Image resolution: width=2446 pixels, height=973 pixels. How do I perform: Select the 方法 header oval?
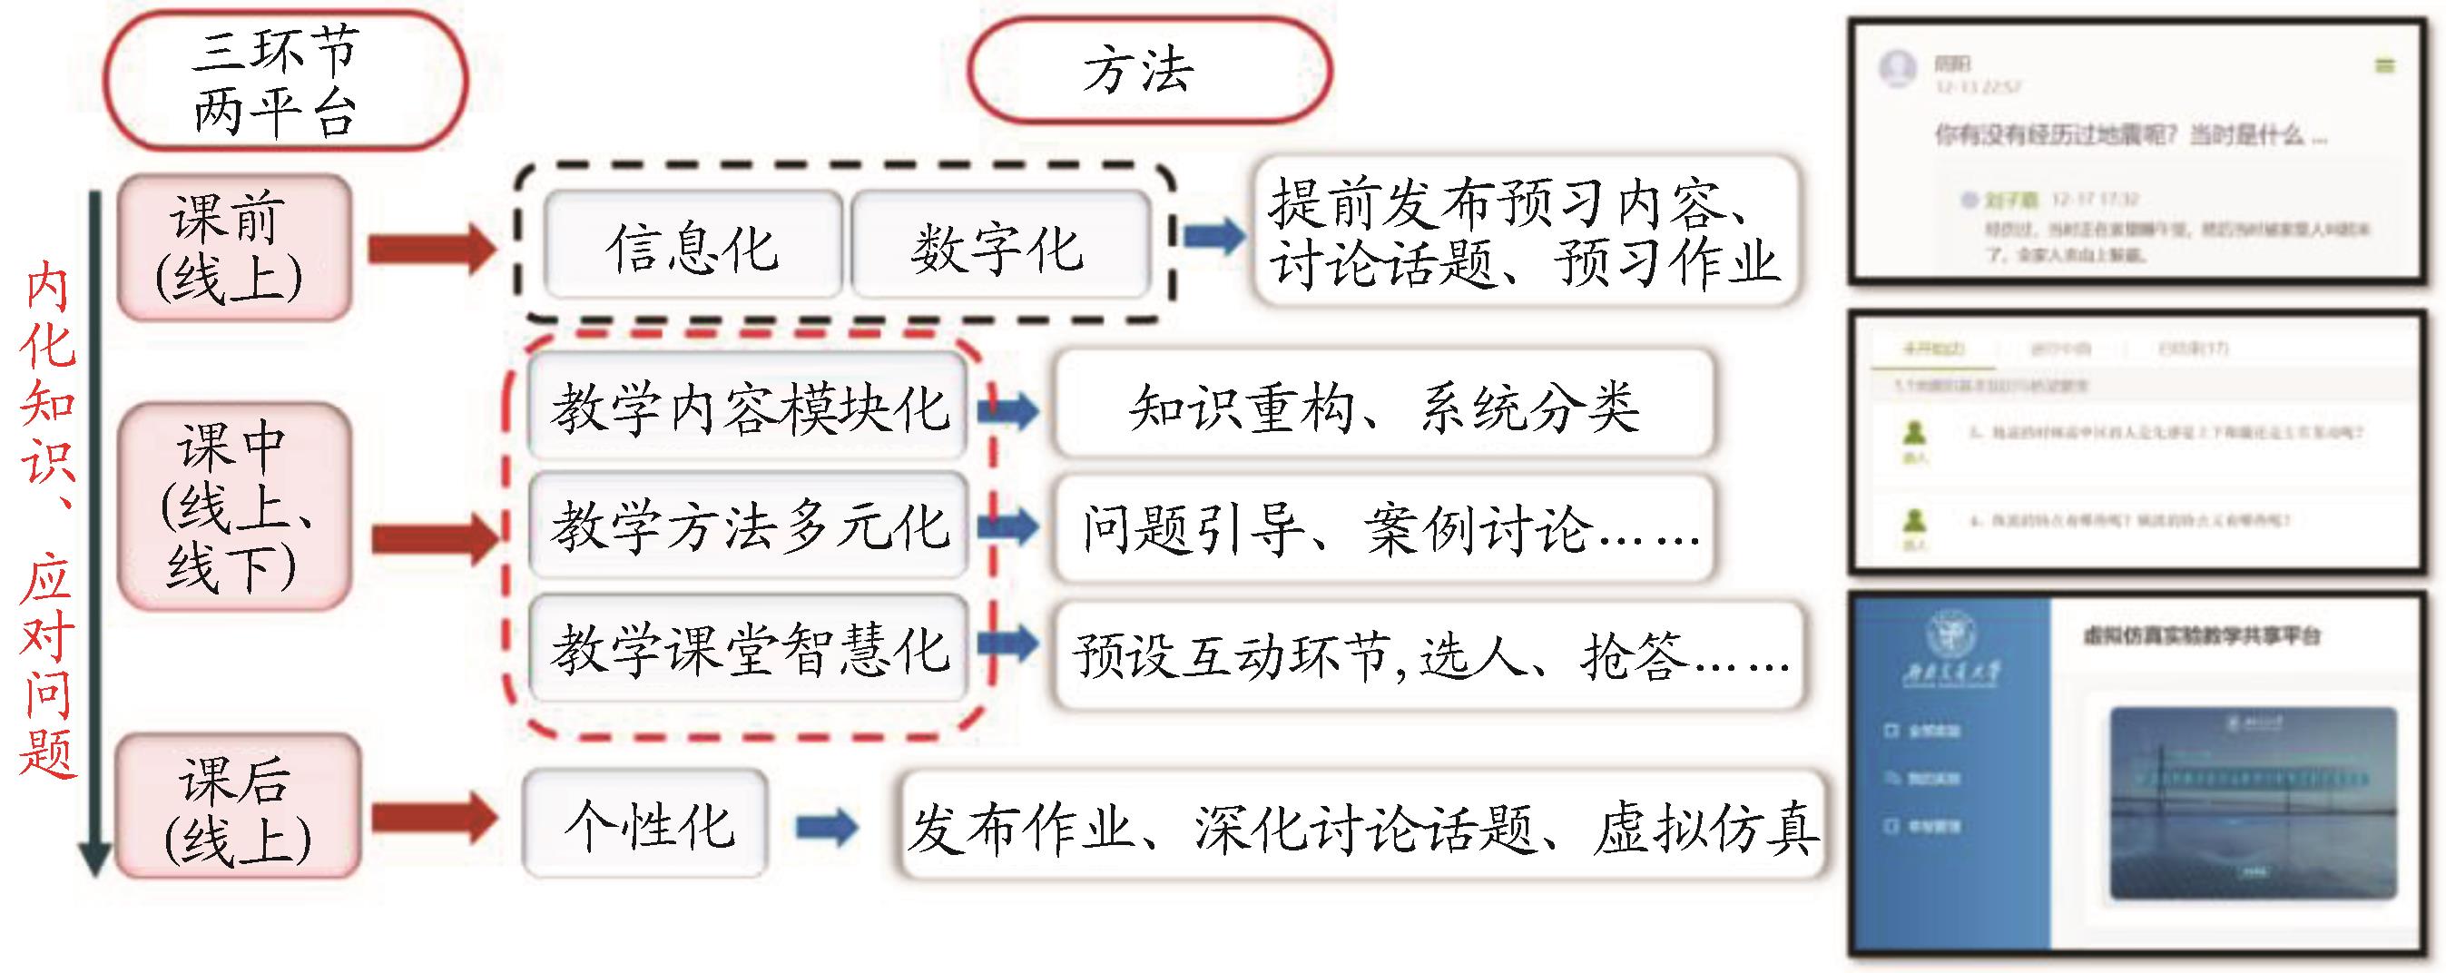click(1149, 72)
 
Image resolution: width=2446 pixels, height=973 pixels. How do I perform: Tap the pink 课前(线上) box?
click(233, 247)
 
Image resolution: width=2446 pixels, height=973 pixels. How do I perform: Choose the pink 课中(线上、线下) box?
click(233, 506)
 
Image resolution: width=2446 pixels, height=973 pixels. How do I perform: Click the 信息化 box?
click(693, 246)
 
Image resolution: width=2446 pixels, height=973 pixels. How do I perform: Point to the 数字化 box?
click(999, 246)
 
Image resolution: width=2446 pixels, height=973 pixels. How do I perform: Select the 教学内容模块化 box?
click(748, 407)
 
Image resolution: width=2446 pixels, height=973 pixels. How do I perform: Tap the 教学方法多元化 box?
click(748, 525)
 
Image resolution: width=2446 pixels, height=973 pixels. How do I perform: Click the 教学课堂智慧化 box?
click(748, 649)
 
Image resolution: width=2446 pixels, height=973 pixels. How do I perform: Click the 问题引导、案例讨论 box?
click(1383, 527)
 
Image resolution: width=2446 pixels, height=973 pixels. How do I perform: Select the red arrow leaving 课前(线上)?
click(431, 249)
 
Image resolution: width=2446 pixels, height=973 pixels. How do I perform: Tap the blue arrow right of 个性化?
click(826, 826)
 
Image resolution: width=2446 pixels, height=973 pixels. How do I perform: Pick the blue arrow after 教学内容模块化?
click(1008, 410)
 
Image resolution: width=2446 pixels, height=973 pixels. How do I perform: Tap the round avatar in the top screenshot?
click(1897, 68)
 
